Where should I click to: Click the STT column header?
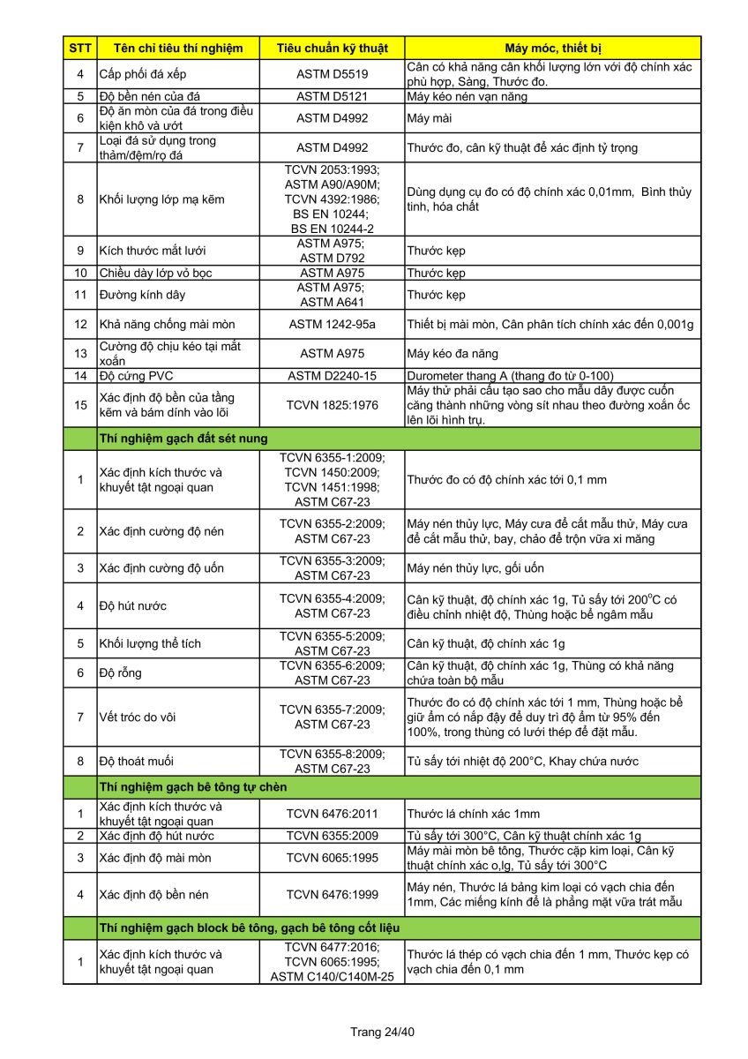[x=79, y=48]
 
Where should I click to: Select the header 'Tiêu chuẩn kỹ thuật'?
[x=332, y=48]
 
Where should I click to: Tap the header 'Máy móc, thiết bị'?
[x=553, y=48]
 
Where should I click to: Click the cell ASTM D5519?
[x=332, y=74]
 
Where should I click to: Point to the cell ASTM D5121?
[x=332, y=96]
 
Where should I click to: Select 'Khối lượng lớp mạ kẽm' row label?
[x=162, y=199]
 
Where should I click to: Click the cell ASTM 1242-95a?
[x=332, y=325]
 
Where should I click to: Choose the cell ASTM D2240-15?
[x=332, y=376]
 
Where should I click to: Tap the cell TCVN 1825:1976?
[x=332, y=405]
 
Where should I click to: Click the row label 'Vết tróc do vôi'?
[x=138, y=717]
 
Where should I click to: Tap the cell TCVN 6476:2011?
[x=332, y=814]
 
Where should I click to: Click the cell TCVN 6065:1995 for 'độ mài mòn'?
[x=332, y=858]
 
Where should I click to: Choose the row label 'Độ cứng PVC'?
[x=137, y=376]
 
